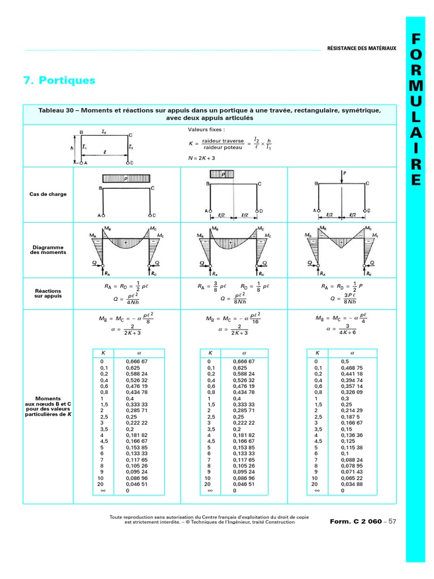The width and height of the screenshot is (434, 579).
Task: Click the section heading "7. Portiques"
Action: pyautogui.click(x=59, y=81)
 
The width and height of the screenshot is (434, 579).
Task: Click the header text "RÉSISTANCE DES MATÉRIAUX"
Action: pyautogui.click(x=362, y=49)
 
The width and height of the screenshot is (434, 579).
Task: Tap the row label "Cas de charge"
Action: pyautogui.click(x=48, y=194)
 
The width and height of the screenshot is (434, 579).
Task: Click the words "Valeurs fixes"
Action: pyautogui.click(x=202, y=129)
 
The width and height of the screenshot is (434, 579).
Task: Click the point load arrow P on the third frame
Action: pyautogui.click(x=342, y=176)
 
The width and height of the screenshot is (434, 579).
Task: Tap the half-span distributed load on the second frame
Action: pyautogui.click(x=222, y=175)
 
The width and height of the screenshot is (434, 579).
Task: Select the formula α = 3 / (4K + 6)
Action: pyautogui.click(x=342, y=329)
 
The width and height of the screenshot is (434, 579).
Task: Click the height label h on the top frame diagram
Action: pyautogui.click(x=72, y=149)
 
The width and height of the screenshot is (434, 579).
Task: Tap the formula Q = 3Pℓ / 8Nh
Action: pyautogui.click(x=342, y=299)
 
